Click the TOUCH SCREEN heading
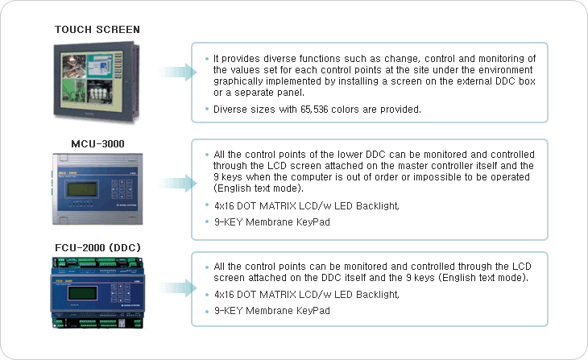97,30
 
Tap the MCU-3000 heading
97,144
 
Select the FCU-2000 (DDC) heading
97,248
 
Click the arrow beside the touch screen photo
178,72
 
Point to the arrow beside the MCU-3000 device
178,184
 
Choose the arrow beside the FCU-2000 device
178,288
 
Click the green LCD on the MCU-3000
82,189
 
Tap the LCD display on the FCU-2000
82,293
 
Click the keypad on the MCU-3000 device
122,189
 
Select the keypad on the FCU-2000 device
121,293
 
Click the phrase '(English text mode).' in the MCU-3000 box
259,188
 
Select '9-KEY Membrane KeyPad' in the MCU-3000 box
272,222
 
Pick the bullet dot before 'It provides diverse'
207,59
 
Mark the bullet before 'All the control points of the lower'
207,155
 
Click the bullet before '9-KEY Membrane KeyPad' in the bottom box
207,311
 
